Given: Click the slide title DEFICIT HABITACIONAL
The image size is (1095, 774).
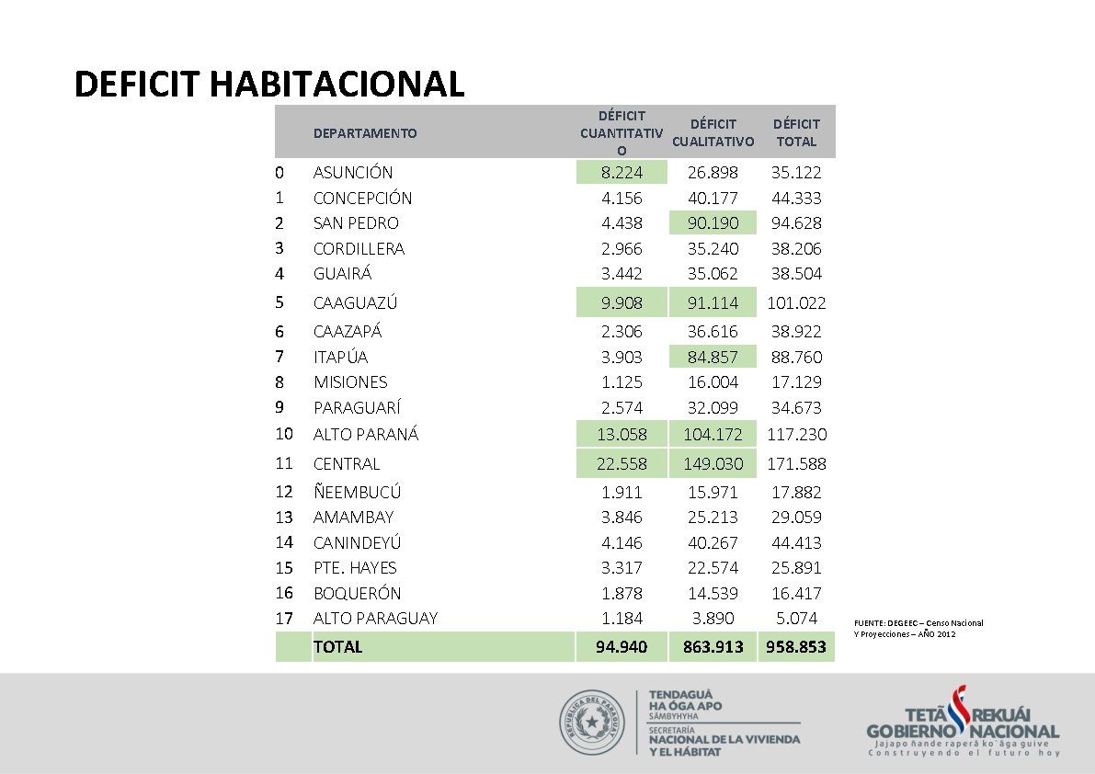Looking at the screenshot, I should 269,84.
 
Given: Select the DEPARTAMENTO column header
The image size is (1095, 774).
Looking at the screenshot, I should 364,133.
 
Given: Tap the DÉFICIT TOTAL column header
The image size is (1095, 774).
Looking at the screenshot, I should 796,132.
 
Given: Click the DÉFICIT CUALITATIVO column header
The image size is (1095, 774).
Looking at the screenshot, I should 713,132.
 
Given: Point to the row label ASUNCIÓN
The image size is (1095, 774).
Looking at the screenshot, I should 353,173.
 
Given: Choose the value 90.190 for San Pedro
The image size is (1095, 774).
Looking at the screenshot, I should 713,223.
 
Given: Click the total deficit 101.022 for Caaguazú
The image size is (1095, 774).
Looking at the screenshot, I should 796,302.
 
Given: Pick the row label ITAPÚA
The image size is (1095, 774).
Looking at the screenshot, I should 340,358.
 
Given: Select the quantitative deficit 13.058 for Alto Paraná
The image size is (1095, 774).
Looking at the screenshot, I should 622,434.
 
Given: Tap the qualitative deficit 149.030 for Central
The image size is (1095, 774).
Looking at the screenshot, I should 713,464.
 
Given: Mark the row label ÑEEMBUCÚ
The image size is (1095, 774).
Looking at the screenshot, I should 357,493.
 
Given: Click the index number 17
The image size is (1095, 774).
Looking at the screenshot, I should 284,619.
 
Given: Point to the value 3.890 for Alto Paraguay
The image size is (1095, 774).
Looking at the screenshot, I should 713,619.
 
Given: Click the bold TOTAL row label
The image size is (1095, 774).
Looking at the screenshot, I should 337,647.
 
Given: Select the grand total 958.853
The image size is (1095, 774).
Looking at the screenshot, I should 796,647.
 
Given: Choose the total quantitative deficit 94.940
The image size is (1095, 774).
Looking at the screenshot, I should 622,647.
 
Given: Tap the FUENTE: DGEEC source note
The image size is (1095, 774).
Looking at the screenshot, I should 918,629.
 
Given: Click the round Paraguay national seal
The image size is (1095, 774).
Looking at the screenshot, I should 594,723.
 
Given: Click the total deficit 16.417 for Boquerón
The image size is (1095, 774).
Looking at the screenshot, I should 796,594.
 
